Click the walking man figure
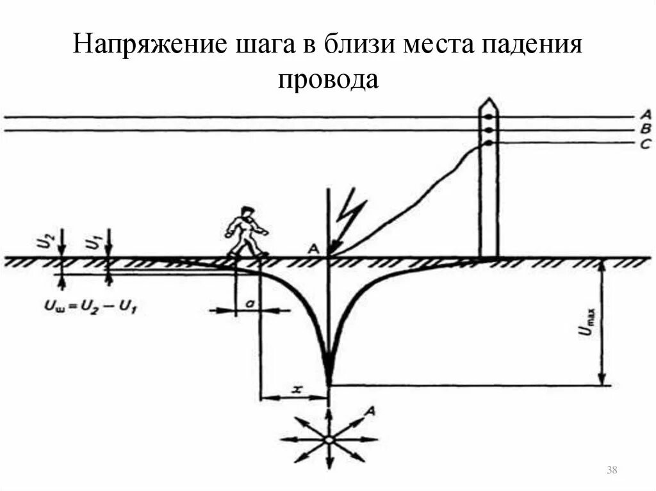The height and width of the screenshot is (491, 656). point(245,232)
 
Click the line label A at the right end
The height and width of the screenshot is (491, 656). point(644,115)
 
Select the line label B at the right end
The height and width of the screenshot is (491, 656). point(644,129)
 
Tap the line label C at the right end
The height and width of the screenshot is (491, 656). point(644,144)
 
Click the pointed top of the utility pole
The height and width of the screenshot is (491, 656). point(489,102)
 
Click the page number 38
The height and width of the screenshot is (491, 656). point(611,471)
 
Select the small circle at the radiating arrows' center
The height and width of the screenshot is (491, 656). point(329,440)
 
